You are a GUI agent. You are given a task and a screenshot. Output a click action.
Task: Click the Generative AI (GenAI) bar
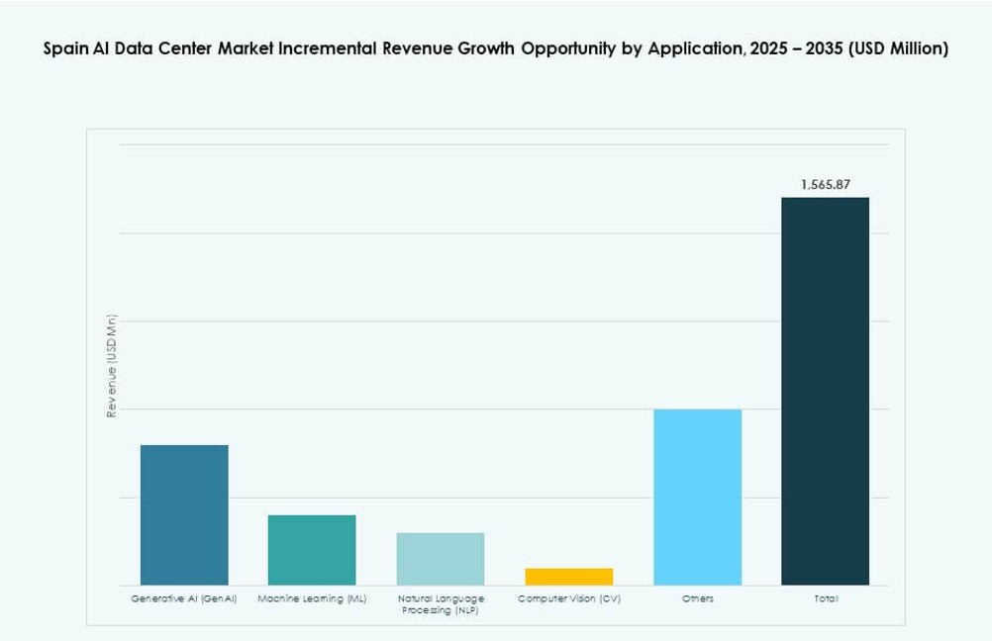(x=184, y=514)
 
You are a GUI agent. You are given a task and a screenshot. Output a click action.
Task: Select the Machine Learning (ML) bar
(x=312, y=550)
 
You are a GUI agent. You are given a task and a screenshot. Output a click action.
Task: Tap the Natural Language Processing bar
(x=441, y=559)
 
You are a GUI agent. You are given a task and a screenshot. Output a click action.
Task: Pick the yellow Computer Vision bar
(x=568, y=577)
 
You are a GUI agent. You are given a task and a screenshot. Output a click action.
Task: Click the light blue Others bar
(x=697, y=497)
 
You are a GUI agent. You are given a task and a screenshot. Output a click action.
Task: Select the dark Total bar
(x=825, y=391)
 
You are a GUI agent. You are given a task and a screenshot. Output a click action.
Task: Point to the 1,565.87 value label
(x=826, y=185)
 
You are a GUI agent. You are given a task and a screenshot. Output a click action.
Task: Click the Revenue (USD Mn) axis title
(x=112, y=365)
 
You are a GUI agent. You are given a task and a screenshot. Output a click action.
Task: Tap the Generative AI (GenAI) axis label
(x=184, y=599)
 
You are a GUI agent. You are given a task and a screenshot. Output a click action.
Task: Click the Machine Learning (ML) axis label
(x=312, y=599)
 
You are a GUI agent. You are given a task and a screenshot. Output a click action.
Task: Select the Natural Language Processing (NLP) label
(x=441, y=605)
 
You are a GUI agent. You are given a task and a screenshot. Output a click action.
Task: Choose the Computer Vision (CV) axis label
(x=568, y=599)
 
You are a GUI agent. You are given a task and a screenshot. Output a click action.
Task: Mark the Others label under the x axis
(x=697, y=599)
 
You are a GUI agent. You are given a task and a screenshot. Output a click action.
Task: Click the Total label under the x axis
(x=826, y=599)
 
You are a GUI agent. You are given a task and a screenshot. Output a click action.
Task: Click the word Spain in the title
(x=64, y=48)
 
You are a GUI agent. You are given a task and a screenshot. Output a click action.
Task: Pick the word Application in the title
(x=692, y=48)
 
